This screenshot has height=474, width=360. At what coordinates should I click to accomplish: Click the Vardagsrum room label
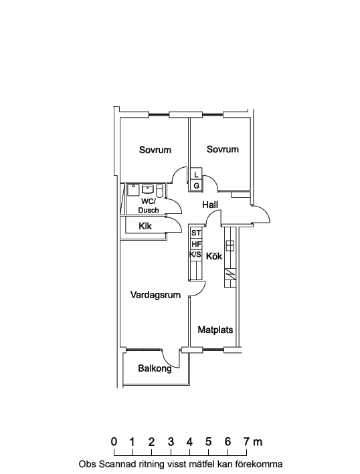point(155,295)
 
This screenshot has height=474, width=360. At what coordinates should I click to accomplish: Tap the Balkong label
point(155,368)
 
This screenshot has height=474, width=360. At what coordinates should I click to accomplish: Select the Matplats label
point(215,330)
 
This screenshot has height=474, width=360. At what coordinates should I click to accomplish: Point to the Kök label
point(214,256)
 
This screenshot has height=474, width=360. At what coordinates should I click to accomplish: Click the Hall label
point(210,205)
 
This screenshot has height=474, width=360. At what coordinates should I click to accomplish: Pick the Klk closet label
point(145,226)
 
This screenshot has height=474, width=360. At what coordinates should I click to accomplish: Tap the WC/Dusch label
point(149,206)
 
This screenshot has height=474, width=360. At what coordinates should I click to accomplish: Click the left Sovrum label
point(155,150)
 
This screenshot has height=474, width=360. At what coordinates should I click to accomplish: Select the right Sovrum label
point(223,149)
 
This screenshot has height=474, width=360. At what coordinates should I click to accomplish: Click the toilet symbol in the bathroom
point(160,191)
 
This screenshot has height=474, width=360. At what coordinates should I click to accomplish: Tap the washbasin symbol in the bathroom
point(148,190)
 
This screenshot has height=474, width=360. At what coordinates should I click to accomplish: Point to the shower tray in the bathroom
point(132,190)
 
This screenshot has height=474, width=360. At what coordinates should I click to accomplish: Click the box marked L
point(196,174)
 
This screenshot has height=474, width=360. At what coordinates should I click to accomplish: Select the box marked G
point(196,186)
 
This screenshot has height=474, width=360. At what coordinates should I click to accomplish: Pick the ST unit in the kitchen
point(196,233)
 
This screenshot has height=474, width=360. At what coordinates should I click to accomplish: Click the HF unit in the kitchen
point(196,244)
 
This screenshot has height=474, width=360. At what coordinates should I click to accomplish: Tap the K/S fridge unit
point(195,255)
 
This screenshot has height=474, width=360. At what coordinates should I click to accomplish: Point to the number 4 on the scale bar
point(189,442)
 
